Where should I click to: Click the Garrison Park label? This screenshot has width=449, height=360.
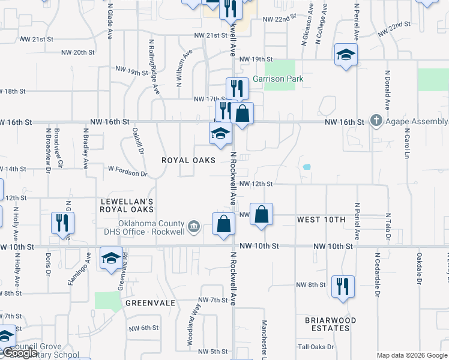coord(278,79)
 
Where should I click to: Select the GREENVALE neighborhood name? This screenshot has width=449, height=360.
coord(150,304)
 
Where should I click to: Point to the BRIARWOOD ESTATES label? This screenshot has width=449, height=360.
coord(331,324)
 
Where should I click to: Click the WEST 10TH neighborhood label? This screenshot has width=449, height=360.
coord(322,220)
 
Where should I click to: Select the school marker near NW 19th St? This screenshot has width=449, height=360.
coord(346,55)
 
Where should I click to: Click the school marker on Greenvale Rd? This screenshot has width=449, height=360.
coord(111,258)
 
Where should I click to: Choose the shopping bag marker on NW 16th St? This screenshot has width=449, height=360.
coord(242,113)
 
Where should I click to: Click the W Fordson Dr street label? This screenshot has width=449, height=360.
coord(128,174)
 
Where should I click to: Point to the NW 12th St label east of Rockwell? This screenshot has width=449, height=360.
coord(256,184)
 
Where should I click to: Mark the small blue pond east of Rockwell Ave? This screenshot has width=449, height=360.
coord(307,166)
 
